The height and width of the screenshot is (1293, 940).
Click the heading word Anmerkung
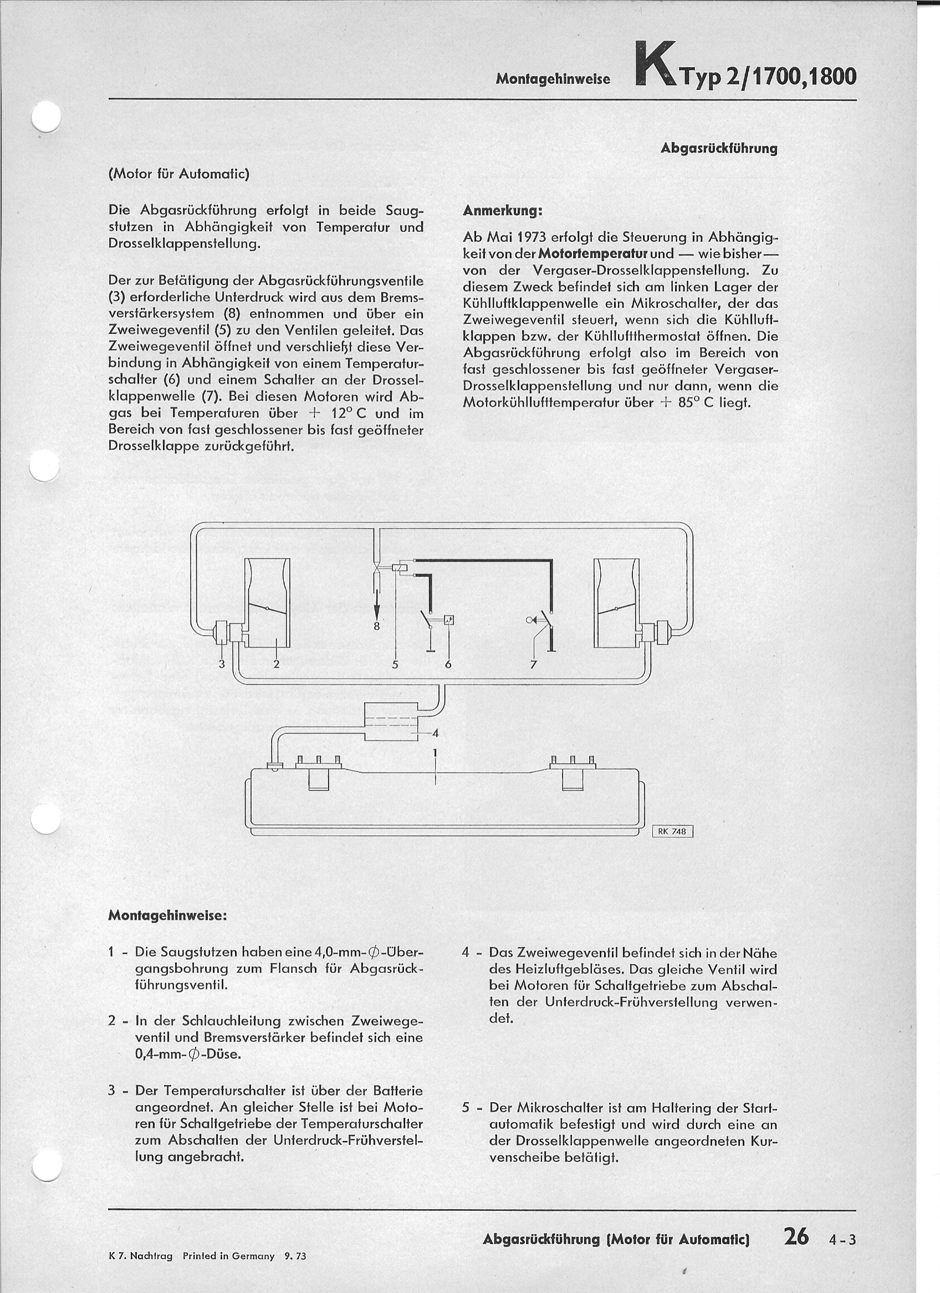coord(502,211)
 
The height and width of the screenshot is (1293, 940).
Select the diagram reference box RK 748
coord(672,831)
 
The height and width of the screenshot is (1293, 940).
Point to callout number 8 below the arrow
coord(376,626)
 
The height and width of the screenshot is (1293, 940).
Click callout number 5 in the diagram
coord(395,664)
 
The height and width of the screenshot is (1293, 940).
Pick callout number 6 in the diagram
coord(448,664)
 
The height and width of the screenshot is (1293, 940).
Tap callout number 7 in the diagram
coord(534,664)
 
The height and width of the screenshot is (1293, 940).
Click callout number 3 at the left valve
coord(222,664)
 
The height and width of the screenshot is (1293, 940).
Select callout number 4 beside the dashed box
coord(436,733)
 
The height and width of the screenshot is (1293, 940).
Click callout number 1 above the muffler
coord(435,752)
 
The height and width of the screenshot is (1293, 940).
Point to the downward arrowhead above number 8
coord(376,611)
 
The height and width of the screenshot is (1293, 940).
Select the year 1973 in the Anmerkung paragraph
coord(535,237)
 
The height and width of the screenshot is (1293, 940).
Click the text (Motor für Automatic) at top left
coord(178,174)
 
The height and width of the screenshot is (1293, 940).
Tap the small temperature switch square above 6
coord(449,620)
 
